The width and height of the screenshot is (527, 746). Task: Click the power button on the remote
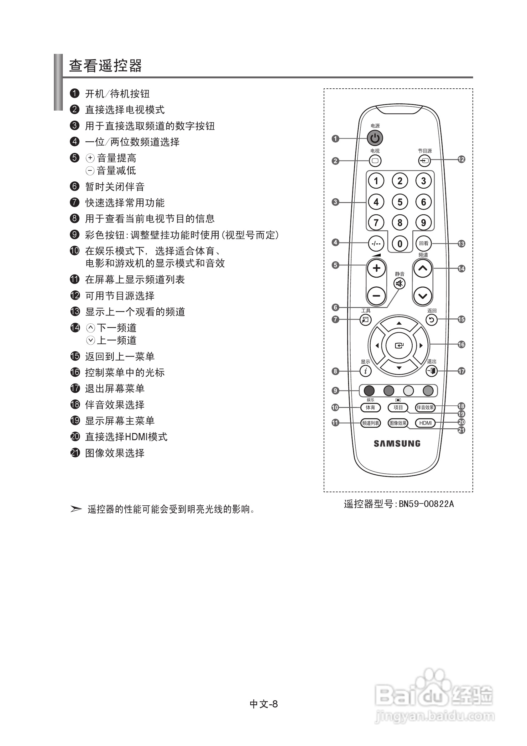tap(375, 138)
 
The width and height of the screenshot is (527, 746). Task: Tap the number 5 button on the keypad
tap(399, 202)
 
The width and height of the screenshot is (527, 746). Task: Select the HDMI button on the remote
tap(425, 423)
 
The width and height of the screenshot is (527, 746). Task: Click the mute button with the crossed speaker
tap(399, 284)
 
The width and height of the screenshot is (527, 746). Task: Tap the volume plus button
tap(376, 269)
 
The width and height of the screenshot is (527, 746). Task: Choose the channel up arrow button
tap(422, 269)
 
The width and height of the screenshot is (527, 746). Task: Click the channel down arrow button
tap(422, 296)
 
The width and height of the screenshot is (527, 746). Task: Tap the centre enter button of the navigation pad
tap(399, 346)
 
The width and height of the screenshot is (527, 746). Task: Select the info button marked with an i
tap(366, 371)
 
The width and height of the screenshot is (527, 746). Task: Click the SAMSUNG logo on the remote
tap(397, 444)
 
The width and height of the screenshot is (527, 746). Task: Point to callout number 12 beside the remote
tap(461, 159)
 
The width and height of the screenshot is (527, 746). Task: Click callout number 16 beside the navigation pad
tap(461, 344)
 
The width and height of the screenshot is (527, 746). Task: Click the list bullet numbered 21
tap(75, 453)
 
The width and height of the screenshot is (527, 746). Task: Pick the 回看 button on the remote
tap(423, 243)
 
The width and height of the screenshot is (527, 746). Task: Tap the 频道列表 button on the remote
tap(370, 423)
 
